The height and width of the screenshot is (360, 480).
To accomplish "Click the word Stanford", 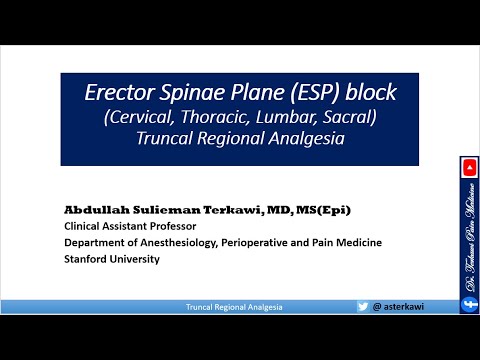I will tap(86, 259).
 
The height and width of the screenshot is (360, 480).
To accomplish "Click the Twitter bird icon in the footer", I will tap(363, 307).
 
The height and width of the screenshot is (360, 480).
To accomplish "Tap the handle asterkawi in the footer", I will tap(399, 307).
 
